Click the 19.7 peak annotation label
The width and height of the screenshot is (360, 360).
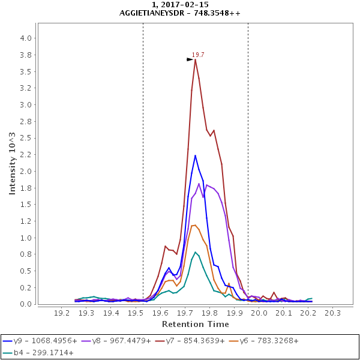tap(198, 55)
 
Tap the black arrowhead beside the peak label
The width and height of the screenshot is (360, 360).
tap(190, 59)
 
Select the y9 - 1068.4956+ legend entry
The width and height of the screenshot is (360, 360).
tap(40, 341)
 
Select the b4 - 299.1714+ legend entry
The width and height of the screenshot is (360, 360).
tap(40, 352)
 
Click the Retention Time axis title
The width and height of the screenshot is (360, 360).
tap(195, 324)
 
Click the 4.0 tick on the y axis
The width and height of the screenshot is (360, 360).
tap(26, 38)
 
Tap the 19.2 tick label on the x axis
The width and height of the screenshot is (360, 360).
tap(62, 313)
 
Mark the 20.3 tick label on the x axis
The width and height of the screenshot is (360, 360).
tap(332, 313)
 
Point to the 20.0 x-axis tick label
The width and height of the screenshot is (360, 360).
tap(259, 313)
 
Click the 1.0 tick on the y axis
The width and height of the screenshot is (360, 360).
tap(26, 238)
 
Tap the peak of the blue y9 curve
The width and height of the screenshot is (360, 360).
tap(195, 155)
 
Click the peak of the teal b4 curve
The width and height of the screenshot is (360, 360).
tap(195, 253)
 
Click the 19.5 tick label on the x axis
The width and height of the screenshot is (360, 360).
tap(136, 313)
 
